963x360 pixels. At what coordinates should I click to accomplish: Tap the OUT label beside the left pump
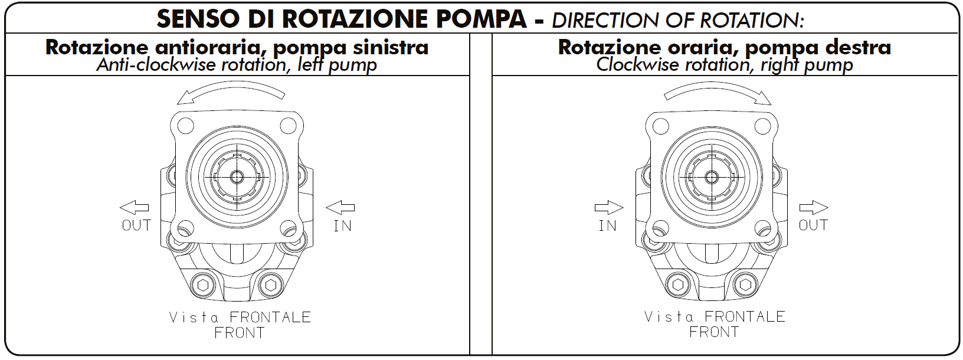(x=136, y=225)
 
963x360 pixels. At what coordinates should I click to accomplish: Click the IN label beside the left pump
(x=343, y=226)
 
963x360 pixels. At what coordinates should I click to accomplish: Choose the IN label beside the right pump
(x=607, y=226)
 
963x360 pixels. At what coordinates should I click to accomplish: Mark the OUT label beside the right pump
(x=813, y=225)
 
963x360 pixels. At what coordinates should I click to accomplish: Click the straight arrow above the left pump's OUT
(x=134, y=208)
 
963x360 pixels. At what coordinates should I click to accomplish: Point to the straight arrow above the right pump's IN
(x=609, y=208)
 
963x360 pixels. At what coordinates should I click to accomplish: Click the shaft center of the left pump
(x=236, y=177)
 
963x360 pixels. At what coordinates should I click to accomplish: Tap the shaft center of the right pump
(x=712, y=177)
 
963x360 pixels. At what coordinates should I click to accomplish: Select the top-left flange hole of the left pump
(x=185, y=126)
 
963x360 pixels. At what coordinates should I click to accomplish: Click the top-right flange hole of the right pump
(x=762, y=126)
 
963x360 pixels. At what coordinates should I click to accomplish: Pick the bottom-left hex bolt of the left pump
(x=204, y=284)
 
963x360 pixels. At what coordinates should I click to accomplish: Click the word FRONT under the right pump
(x=714, y=332)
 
